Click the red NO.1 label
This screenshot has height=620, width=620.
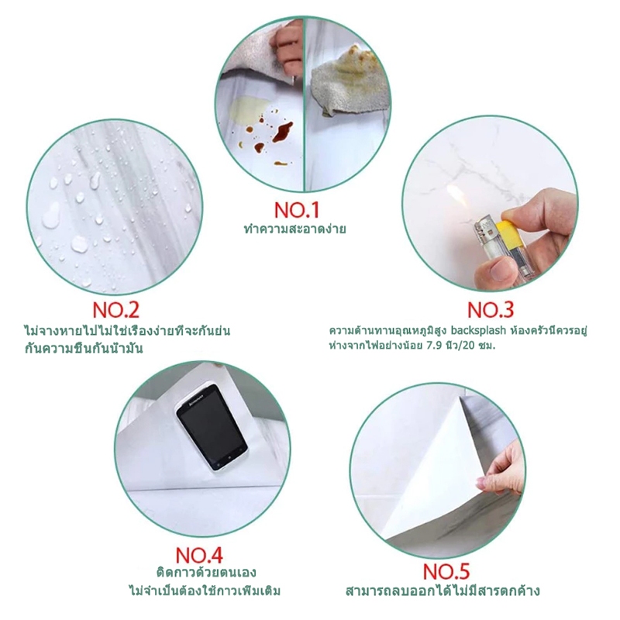(x=297, y=210)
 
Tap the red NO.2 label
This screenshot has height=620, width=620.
(x=115, y=309)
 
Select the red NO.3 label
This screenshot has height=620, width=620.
(x=491, y=309)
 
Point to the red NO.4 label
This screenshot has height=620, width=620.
(x=199, y=555)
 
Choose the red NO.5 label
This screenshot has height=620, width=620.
(x=446, y=571)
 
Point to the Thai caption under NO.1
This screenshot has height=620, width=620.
(x=295, y=229)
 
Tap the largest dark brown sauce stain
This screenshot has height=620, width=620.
(x=283, y=132)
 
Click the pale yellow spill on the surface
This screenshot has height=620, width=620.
(x=245, y=111)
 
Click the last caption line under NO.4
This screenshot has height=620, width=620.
(x=205, y=591)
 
